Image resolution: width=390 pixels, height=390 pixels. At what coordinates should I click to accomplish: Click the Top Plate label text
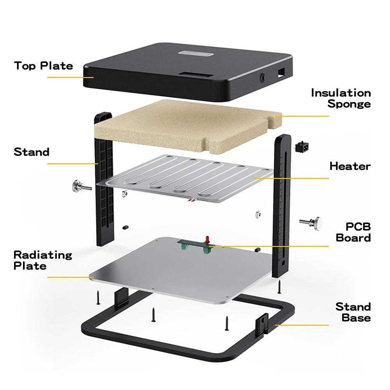(x=43, y=66)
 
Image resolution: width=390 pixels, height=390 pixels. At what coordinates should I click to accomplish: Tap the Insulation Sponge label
(x=341, y=98)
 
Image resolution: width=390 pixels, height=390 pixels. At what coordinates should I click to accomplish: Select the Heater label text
(x=350, y=166)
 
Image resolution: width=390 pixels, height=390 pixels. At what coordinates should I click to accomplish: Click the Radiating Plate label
(x=43, y=261)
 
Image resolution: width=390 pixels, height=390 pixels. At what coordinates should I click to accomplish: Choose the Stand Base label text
(x=353, y=312)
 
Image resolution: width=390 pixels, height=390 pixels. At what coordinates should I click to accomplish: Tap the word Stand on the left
(x=32, y=152)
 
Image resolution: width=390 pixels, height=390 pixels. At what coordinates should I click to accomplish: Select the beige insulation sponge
(x=187, y=125)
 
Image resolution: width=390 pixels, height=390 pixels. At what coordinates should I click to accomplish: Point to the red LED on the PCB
(x=207, y=238)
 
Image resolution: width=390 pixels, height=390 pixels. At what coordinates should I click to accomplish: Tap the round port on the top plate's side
(x=262, y=77)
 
